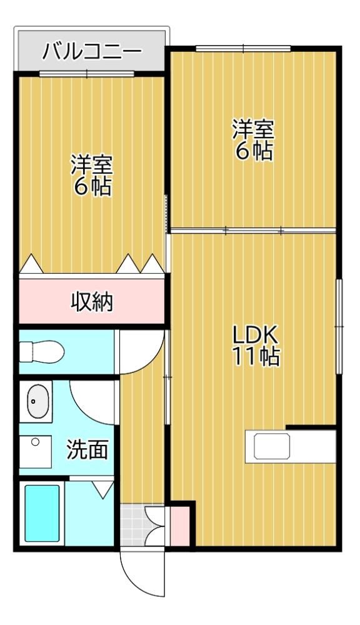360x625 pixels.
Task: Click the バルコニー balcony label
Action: (92, 52)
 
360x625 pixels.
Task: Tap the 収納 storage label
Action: (92, 302)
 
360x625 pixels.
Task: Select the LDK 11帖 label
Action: (256, 346)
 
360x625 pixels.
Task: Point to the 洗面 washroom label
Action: (87, 449)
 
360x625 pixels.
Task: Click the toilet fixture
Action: (42, 351)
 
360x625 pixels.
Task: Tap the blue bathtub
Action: (42, 513)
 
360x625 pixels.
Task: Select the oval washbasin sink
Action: (38, 401)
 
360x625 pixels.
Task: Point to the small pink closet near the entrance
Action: (180, 526)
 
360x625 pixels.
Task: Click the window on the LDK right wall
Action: (339, 326)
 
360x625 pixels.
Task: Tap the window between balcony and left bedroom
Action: (87, 74)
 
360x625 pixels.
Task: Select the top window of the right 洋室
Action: (243, 49)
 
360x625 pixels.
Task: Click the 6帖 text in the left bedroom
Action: (92, 186)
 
